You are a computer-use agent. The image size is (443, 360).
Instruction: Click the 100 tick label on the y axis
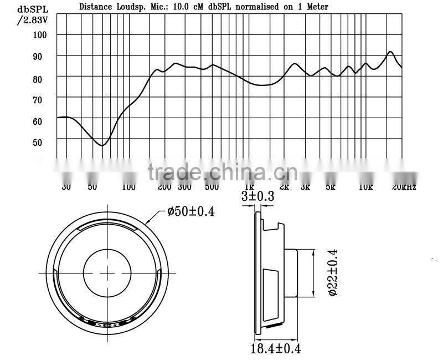(42, 34)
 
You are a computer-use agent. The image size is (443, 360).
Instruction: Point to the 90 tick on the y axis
(42, 56)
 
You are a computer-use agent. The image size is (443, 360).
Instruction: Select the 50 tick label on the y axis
(42, 142)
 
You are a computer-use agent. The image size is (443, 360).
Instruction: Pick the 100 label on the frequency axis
(128, 187)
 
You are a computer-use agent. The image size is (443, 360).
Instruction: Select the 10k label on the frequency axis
(366, 187)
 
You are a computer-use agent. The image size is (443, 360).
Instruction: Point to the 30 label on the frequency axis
(66, 187)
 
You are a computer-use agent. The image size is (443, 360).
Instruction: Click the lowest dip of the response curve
(102, 145)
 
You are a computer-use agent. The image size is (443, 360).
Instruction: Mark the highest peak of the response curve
(390, 52)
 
